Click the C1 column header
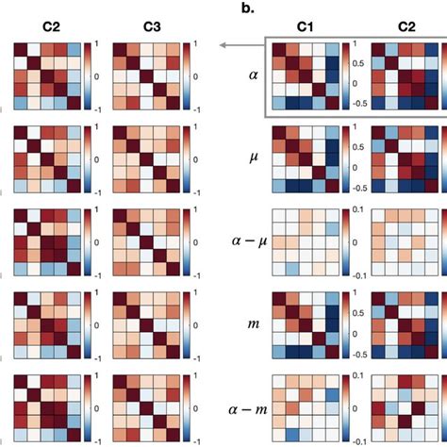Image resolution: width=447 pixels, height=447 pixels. point(304,29)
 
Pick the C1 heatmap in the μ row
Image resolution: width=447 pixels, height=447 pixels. point(305,161)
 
